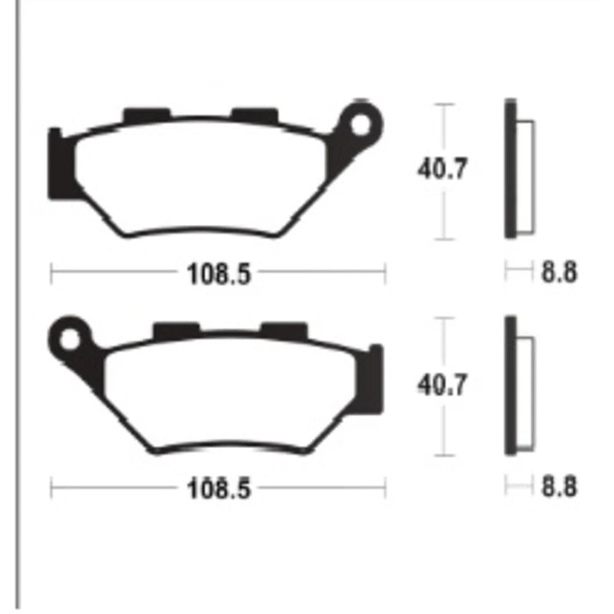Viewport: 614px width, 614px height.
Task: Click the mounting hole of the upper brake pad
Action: [360, 125]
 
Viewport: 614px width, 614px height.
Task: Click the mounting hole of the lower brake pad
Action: [70, 340]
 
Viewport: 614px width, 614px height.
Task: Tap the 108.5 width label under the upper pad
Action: [219, 273]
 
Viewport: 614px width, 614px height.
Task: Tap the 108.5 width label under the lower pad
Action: [219, 489]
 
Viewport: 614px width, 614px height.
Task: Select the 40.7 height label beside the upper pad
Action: [443, 169]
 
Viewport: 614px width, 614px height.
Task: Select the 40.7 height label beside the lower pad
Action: [443, 385]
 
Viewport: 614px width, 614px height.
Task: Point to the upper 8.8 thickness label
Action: [560, 272]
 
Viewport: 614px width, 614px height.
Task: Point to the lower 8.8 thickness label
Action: [560, 487]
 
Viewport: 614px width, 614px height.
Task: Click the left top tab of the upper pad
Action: [147, 115]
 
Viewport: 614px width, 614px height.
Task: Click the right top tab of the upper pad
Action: [255, 114]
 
